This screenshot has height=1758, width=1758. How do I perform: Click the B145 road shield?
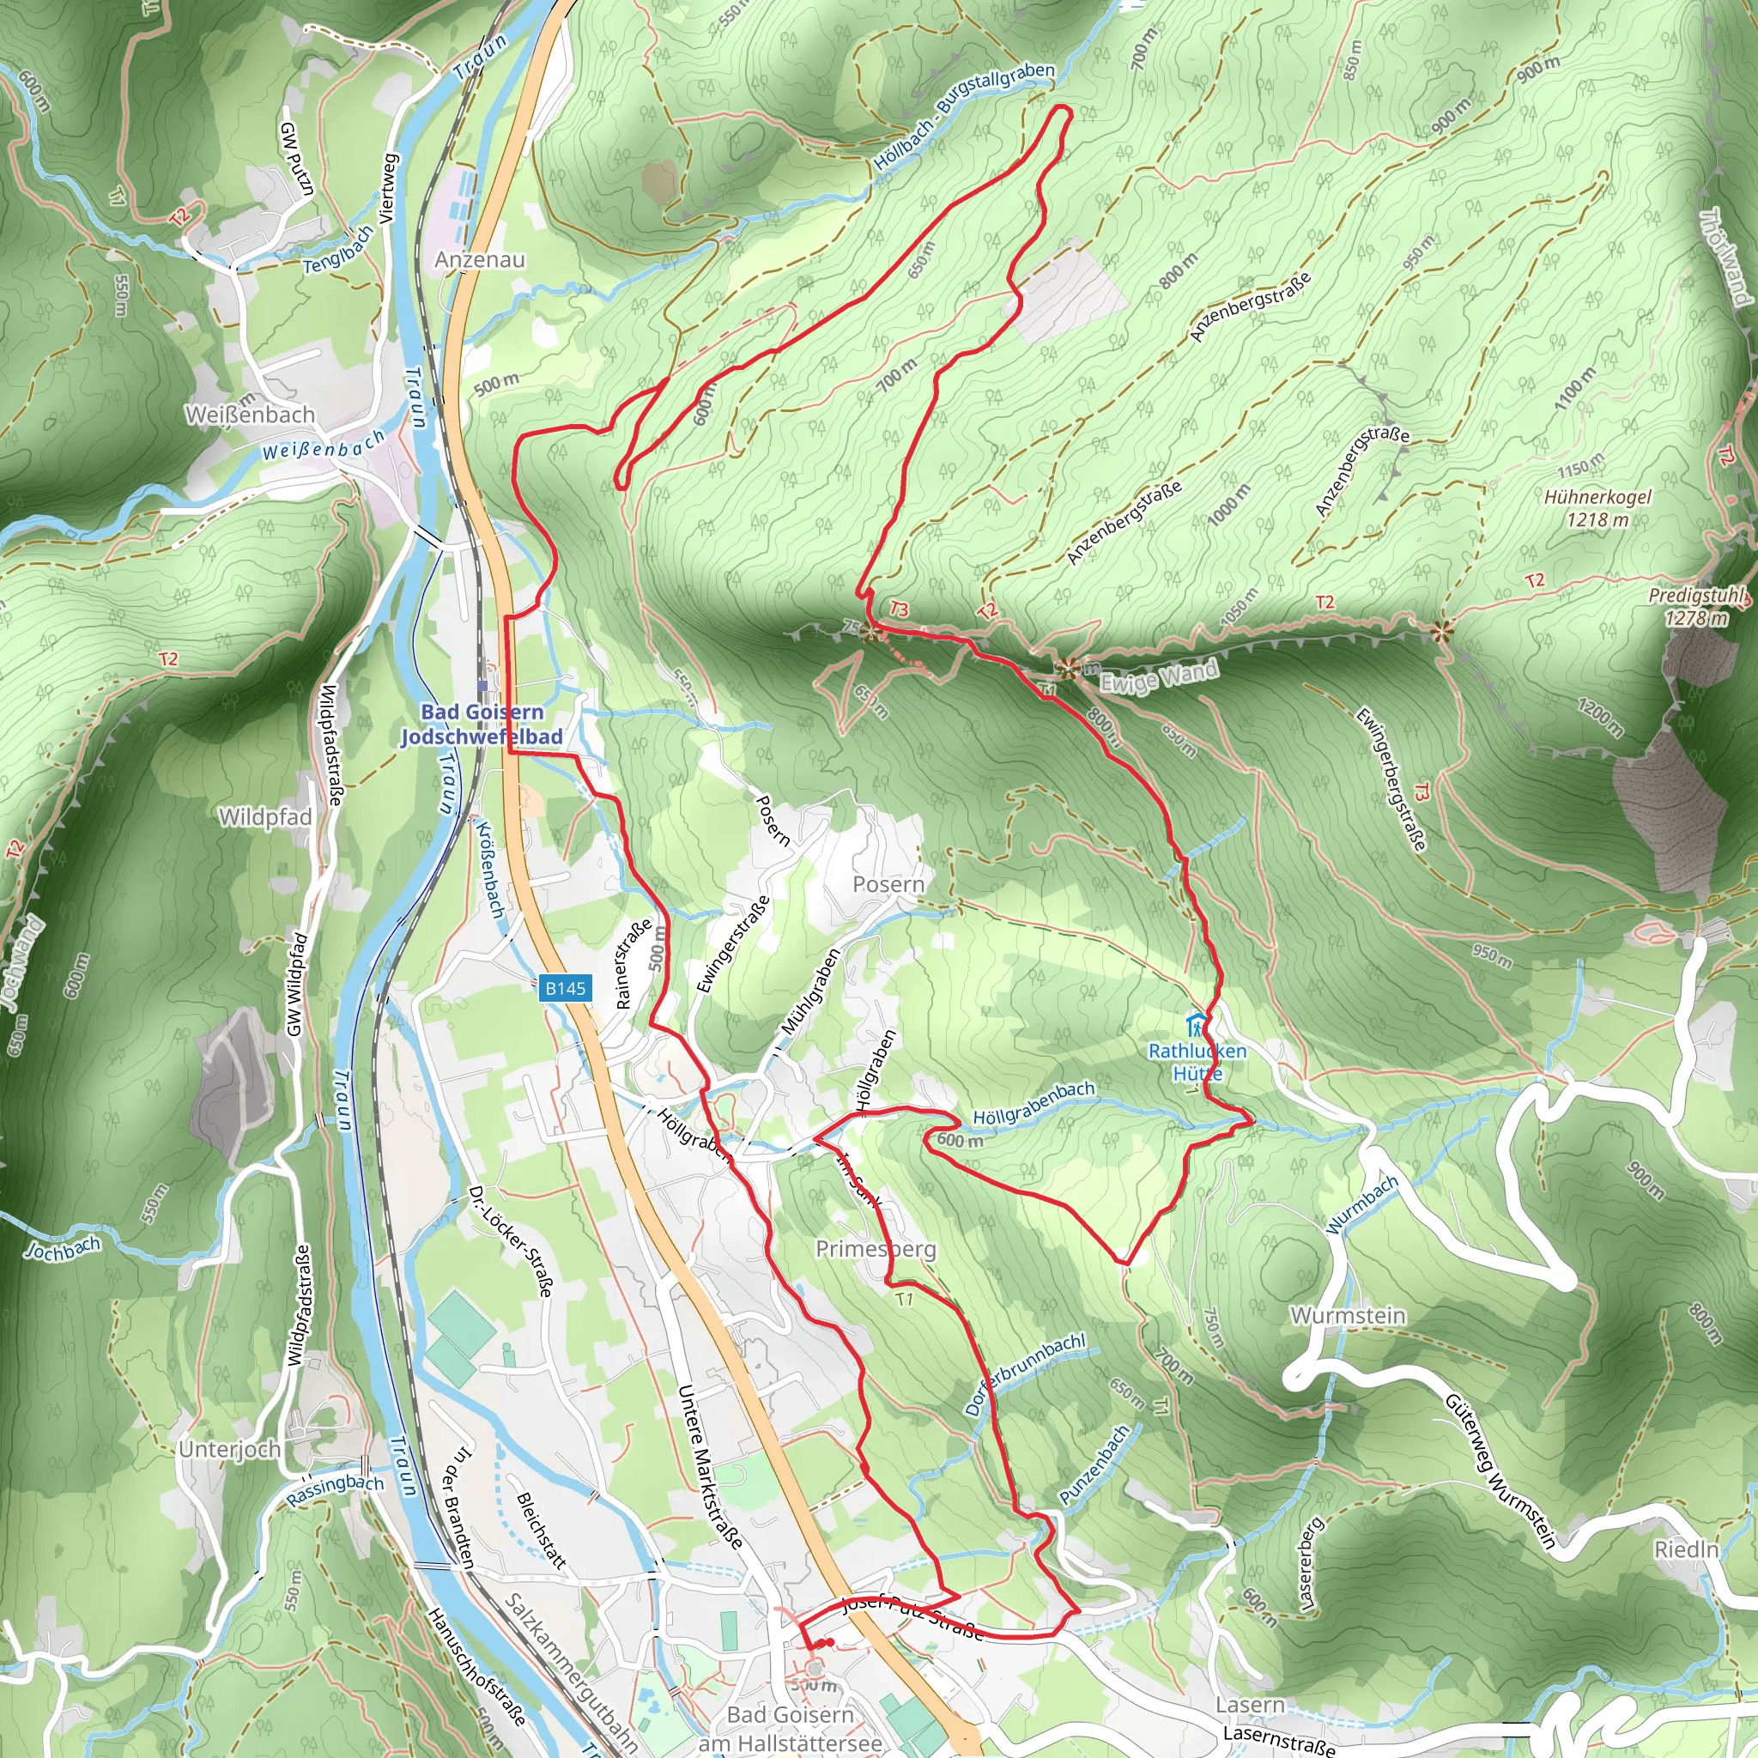coord(565,988)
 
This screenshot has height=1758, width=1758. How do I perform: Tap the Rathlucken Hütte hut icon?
coord(1197,1022)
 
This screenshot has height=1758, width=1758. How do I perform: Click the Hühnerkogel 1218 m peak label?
coord(1597,509)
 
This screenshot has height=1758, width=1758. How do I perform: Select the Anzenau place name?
coord(480,259)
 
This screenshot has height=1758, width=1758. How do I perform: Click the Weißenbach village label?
coord(251,415)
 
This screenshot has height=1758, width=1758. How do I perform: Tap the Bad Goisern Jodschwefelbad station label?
coord(482,724)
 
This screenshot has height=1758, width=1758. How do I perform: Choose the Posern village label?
coord(888,884)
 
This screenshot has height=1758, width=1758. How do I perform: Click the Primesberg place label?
coord(876,1249)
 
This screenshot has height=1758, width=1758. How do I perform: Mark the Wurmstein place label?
coord(1348,1316)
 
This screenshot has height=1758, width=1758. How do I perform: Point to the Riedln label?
coord(1686,1549)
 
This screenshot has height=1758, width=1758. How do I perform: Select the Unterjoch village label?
coord(229,1450)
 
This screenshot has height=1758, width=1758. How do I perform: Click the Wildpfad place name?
coord(264,817)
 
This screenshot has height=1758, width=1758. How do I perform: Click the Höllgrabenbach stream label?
coord(1034,1103)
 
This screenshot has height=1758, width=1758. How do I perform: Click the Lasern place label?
coord(1250,1704)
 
